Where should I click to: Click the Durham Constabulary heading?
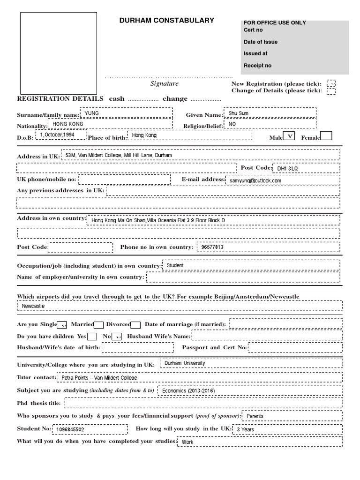(167, 21)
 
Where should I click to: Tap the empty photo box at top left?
(58, 53)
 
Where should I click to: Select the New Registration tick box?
(331, 83)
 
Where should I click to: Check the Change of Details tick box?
(331, 91)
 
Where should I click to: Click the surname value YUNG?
(91, 113)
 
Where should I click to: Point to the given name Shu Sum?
(238, 113)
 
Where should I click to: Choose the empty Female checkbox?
(326, 136)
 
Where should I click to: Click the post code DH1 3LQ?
(287, 168)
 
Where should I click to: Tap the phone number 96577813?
(212, 247)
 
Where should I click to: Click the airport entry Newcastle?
(33, 306)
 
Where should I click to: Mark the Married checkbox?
(99, 324)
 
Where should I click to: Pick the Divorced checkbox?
(135, 324)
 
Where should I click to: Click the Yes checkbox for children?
(92, 336)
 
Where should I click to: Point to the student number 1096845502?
(70, 429)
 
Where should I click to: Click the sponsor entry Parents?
(255, 416)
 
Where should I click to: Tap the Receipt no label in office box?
(257, 66)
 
